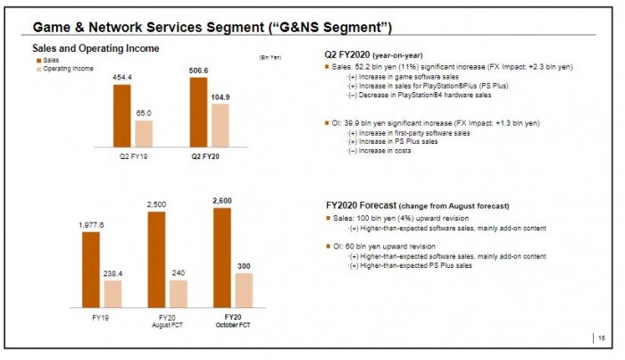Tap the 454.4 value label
point(122,78)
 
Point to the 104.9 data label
point(219,96)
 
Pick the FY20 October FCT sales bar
point(222,257)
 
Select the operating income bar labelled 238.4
point(112,293)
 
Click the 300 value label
point(244,266)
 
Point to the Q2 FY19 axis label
point(133,156)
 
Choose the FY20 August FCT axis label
point(167,321)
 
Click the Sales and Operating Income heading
point(96,47)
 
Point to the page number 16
point(601,337)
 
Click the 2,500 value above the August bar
point(156,205)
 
